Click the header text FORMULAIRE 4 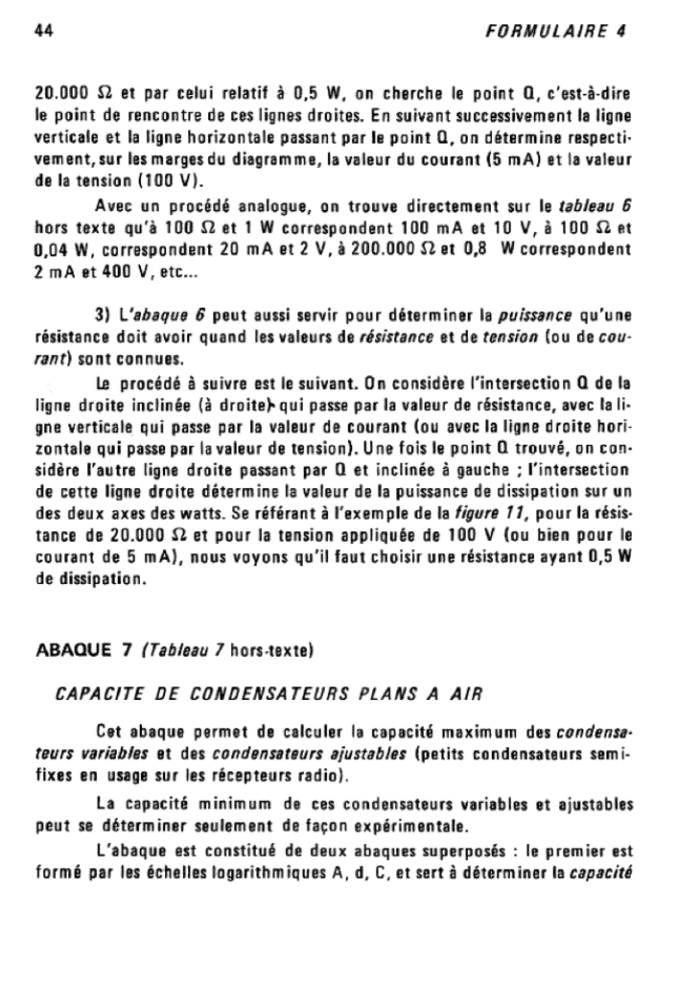pos(555,30)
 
